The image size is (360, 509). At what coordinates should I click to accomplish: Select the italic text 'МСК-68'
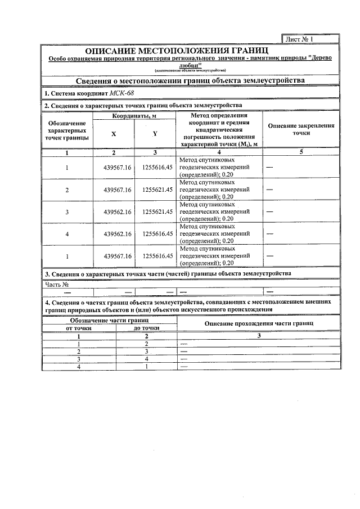click(122, 93)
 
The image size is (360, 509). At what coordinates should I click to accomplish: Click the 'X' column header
click(114, 133)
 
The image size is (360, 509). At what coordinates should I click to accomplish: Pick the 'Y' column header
click(155, 133)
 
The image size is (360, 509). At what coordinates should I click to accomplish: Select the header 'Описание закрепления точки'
click(301, 130)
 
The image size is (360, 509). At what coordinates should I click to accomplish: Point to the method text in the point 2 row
click(215, 190)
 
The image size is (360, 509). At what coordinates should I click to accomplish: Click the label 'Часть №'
click(57, 284)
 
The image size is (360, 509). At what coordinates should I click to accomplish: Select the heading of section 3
click(168, 273)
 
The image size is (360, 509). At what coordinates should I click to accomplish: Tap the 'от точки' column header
click(79, 328)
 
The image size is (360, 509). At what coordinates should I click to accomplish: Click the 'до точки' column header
click(146, 328)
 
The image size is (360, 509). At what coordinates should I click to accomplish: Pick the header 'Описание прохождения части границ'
click(259, 324)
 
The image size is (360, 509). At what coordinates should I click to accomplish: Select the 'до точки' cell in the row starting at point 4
click(146, 367)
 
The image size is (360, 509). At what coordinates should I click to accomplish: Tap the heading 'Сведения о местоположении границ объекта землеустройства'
click(190, 80)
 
